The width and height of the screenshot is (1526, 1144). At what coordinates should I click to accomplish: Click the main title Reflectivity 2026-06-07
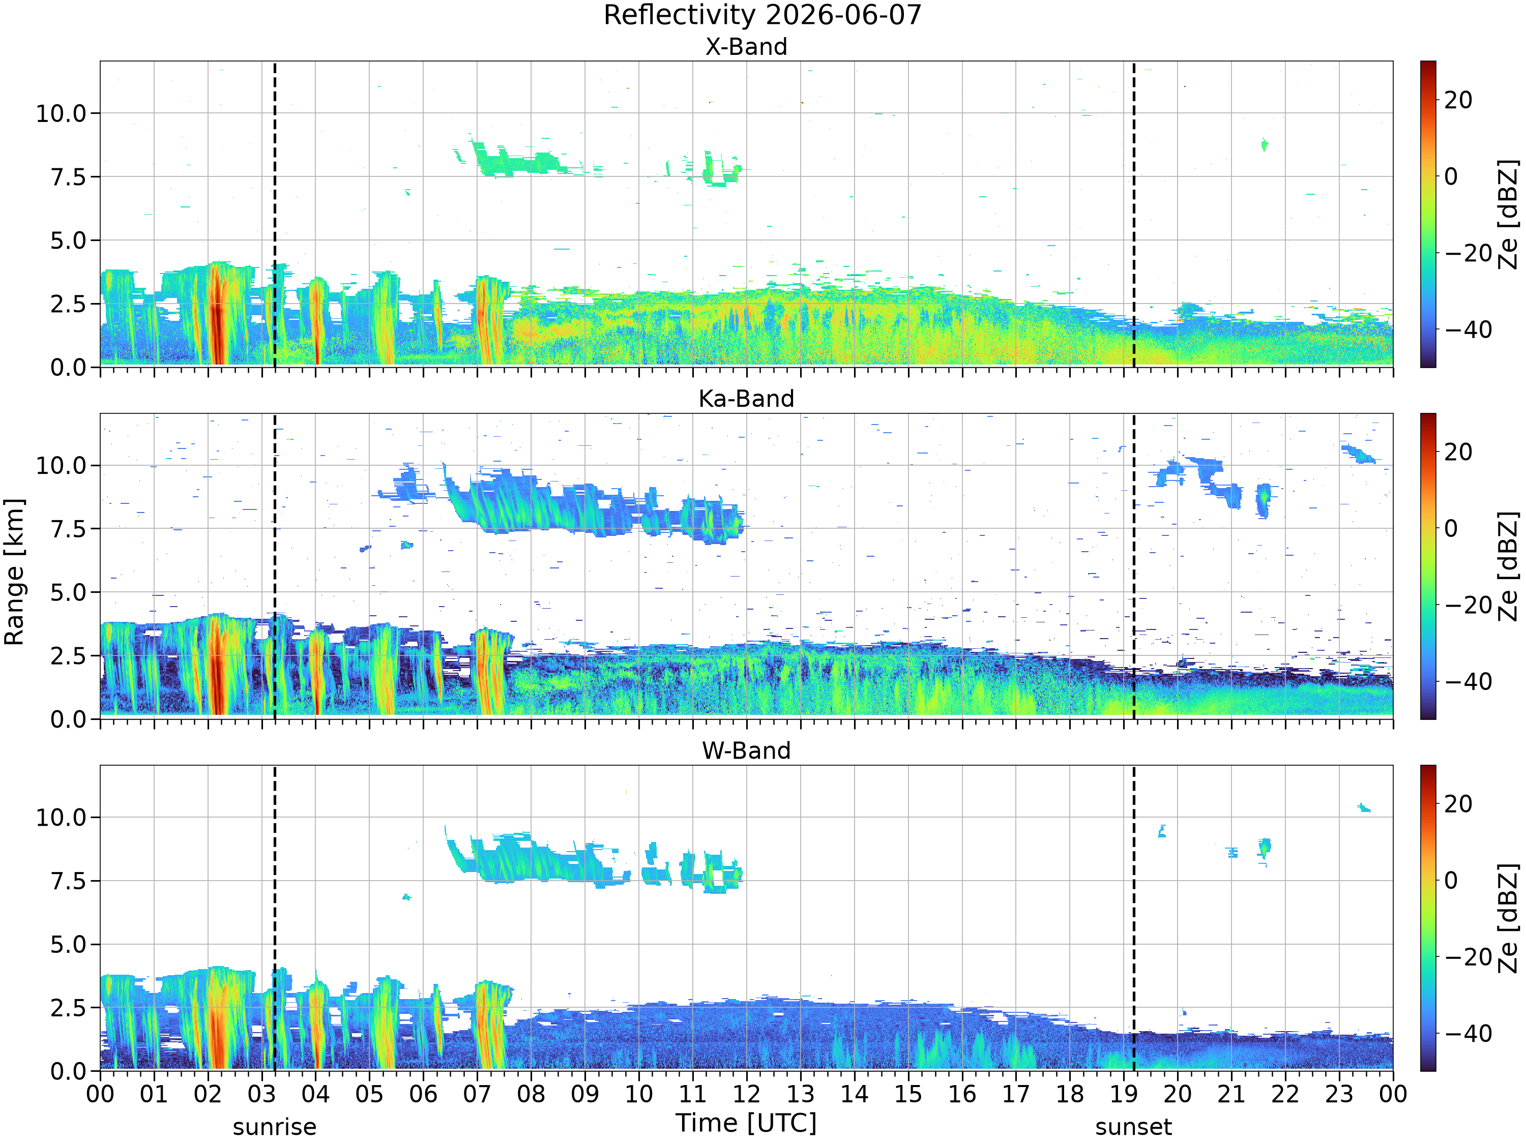[x=762, y=15]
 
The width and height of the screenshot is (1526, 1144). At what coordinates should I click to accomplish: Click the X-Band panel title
[x=746, y=47]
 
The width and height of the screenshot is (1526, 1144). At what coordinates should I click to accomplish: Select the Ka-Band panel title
[x=746, y=399]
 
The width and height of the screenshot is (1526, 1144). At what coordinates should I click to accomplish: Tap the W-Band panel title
[x=746, y=750]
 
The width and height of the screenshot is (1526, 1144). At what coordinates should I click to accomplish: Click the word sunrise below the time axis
[x=275, y=1127]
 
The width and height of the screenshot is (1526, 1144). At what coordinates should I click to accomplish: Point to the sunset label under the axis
[x=1133, y=1127]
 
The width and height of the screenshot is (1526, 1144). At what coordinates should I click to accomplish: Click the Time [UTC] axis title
[x=746, y=1123]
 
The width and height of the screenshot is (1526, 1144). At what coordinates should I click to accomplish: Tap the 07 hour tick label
[x=478, y=1094]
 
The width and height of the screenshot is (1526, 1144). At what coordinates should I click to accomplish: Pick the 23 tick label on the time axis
[x=1339, y=1094]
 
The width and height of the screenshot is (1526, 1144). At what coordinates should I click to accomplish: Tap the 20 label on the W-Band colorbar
[x=1458, y=804]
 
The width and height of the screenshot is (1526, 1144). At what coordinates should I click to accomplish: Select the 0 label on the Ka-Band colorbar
[x=1452, y=529]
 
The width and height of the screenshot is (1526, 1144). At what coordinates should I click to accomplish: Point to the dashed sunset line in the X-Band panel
[x=1133, y=214]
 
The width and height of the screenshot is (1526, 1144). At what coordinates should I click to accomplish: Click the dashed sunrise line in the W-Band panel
[x=275, y=918]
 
